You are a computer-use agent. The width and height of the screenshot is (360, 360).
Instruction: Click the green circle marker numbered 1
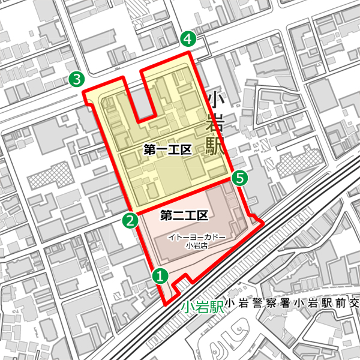coord(160,276)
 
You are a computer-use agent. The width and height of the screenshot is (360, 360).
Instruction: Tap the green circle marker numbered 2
coord(129,220)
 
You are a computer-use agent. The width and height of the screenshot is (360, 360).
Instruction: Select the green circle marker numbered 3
coord(76,79)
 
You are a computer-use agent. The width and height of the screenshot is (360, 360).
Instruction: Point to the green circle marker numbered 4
coord(188,40)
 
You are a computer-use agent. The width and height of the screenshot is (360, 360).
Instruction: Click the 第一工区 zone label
coord(167,151)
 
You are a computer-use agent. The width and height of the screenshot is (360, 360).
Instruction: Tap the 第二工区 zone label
coord(184,215)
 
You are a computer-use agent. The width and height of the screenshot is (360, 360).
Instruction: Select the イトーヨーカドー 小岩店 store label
coord(197,240)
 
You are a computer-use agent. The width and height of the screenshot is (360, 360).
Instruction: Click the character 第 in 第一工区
coord(150,151)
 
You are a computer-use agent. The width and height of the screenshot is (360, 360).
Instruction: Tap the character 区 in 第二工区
coord(202,215)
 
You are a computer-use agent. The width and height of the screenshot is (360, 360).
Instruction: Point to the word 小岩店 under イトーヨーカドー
coord(197,245)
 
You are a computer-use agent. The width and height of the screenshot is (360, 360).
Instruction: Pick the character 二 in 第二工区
coord(178,215)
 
